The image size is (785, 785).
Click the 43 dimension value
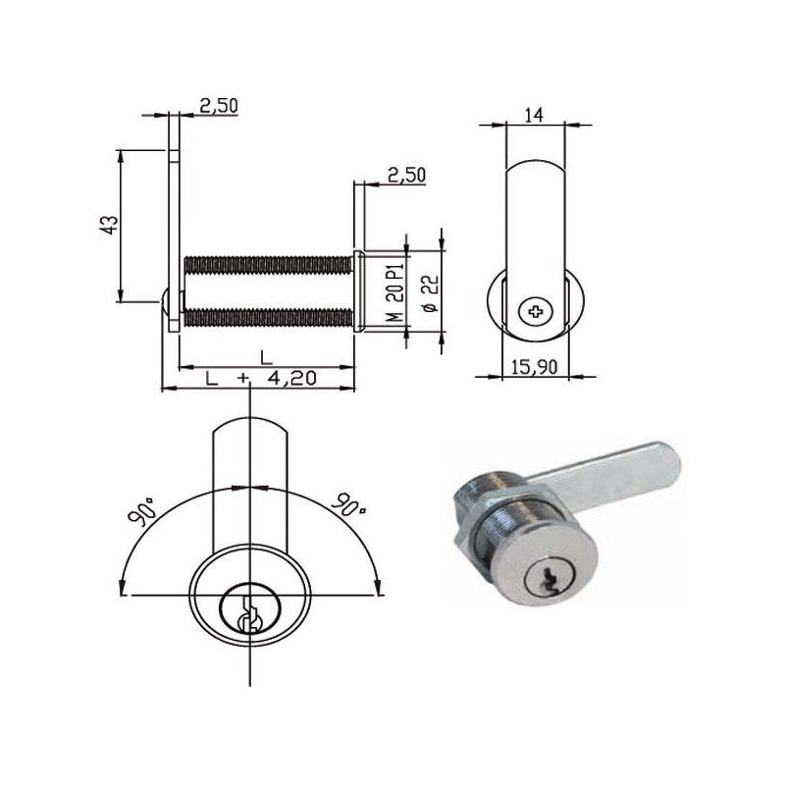[110, 225]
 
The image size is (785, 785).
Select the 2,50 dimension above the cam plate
[218, 106]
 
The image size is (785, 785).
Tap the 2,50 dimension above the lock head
[406, 175]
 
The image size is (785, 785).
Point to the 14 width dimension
[534, 115]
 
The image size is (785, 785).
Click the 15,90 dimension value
[535, 366]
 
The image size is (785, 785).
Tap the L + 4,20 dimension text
[260, 379]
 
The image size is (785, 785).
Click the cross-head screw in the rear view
[536, 314]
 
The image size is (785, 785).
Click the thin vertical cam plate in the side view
[174, 226]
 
